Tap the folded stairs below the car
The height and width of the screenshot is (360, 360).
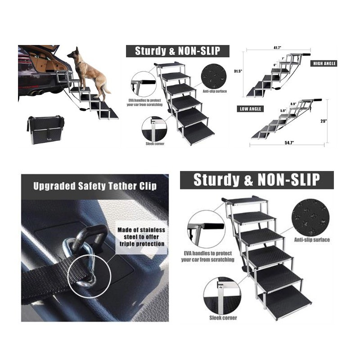coord(45,130)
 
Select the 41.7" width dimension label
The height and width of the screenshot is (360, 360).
coord(277,48)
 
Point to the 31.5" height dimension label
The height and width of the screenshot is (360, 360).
coord(238,71)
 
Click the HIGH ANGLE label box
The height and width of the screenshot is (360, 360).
coord(324,63)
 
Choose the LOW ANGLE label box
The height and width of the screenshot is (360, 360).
coord(250,109)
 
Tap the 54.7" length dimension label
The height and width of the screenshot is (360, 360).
coord(289,143)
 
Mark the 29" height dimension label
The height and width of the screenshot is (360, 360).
coord(324,121)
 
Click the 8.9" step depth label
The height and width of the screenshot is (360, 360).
coord(293,104)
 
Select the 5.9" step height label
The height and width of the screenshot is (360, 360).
coord(283,111)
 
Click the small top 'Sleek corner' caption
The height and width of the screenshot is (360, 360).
coord(155,144)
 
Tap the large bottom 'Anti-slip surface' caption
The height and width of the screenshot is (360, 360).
coord(312,240)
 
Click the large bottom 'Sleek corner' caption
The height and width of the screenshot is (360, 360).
coord(223,318)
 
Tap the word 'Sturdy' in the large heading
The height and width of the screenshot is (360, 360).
coord(216,180)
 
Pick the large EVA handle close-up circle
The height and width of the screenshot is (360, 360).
coord(206,229)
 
